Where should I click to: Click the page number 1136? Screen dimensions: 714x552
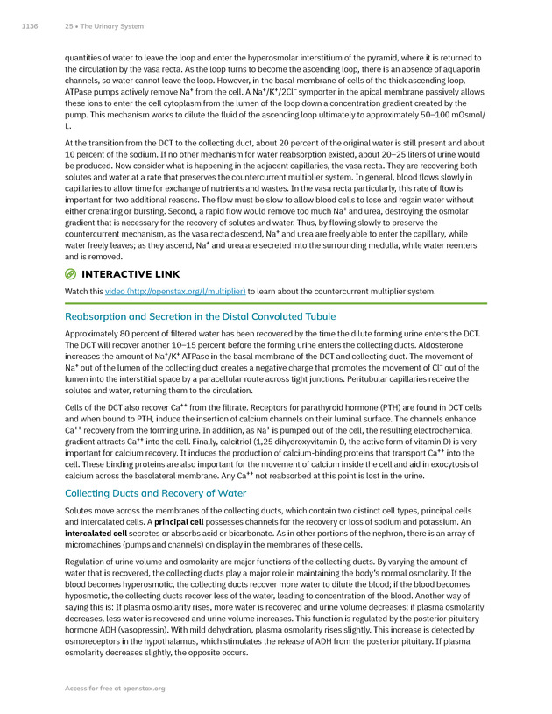pyautogui.click(x=29, y=26)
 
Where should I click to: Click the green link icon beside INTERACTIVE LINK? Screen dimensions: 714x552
pyautogui.click(x=71, y=274)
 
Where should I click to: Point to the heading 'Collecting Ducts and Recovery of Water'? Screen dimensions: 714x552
pyautogui.click(x=156, y=493)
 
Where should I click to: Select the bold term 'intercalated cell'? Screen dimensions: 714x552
pyautogui.click(x=96, y=533)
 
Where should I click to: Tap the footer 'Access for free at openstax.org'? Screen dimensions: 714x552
pyautogui.click(x=115, y=689)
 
